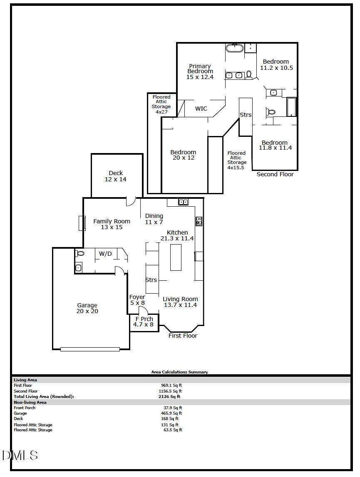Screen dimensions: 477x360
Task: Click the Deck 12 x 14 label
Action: [116, 176]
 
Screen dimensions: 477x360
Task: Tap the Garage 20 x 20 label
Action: [87, 308]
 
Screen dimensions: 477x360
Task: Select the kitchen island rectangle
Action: [176, 257]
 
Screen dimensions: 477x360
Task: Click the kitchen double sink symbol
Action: [183, 202]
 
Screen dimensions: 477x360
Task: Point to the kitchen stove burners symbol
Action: [199, 221]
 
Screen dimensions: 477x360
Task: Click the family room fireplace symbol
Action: [82, 223]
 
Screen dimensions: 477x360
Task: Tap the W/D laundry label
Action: [105, 254]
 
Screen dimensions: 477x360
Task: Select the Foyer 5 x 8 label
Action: [137, 300]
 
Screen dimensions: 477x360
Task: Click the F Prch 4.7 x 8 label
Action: [144, 321]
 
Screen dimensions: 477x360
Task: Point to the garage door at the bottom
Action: [90, 349]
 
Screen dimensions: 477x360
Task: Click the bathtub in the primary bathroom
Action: [235, 48]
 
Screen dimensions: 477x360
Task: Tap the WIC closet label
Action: [201, 109]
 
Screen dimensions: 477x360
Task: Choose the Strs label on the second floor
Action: [246, 115]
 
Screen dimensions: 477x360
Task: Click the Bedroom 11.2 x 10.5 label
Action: [276, 65]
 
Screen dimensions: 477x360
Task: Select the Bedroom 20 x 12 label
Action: [183, 155]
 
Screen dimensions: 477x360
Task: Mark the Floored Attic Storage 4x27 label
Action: [161, 104]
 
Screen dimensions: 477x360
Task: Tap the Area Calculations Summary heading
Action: [179, 372]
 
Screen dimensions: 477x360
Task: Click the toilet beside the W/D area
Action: [80, 253]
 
